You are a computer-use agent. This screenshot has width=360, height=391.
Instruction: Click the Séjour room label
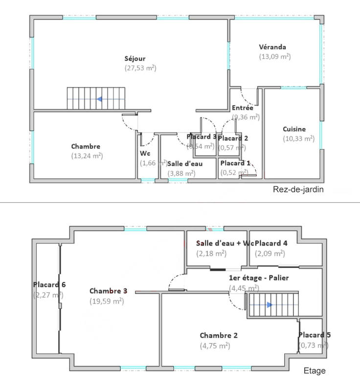coord(135,59)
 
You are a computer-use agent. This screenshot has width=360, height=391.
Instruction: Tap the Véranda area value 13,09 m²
coord(275,57)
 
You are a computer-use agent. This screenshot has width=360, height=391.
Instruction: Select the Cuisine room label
coord(294,130)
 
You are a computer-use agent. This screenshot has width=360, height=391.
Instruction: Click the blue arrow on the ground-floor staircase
coord(99,99)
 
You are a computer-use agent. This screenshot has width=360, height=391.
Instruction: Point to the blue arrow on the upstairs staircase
coord(270,304)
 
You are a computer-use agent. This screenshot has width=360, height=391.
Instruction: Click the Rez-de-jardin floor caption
coord(298,189)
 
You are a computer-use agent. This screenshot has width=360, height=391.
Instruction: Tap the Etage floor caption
coord(315,371)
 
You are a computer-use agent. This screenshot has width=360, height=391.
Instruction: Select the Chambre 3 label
coord(108,291)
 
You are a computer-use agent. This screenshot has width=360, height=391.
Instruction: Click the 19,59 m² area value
coord(106,302)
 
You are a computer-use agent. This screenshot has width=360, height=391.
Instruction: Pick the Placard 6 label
coord(49,285)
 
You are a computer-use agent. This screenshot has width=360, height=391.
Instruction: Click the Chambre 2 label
coord(219,336)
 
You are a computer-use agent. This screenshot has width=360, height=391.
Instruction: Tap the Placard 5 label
coord(315,335)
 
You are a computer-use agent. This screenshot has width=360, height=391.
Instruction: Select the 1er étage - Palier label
coord(259,278)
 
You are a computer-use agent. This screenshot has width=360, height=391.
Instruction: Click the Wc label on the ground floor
coord(145,153)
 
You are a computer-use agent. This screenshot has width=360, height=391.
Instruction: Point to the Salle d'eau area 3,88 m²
coord(181,173)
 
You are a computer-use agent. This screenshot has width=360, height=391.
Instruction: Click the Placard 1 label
coord(235,163)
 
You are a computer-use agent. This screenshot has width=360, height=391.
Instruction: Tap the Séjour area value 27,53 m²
coord(140,69)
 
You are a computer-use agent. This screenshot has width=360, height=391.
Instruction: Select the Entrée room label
coord(242,108)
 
